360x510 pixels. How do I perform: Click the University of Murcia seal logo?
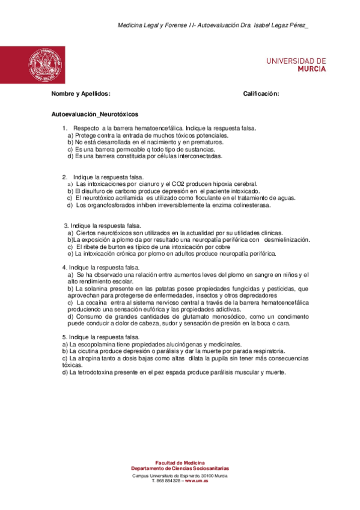pos(43,64)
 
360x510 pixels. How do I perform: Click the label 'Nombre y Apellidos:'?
pos(81,94)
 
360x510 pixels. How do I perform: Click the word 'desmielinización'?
pos(287,239)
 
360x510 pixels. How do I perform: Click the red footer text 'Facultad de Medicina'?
pos(180,462)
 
